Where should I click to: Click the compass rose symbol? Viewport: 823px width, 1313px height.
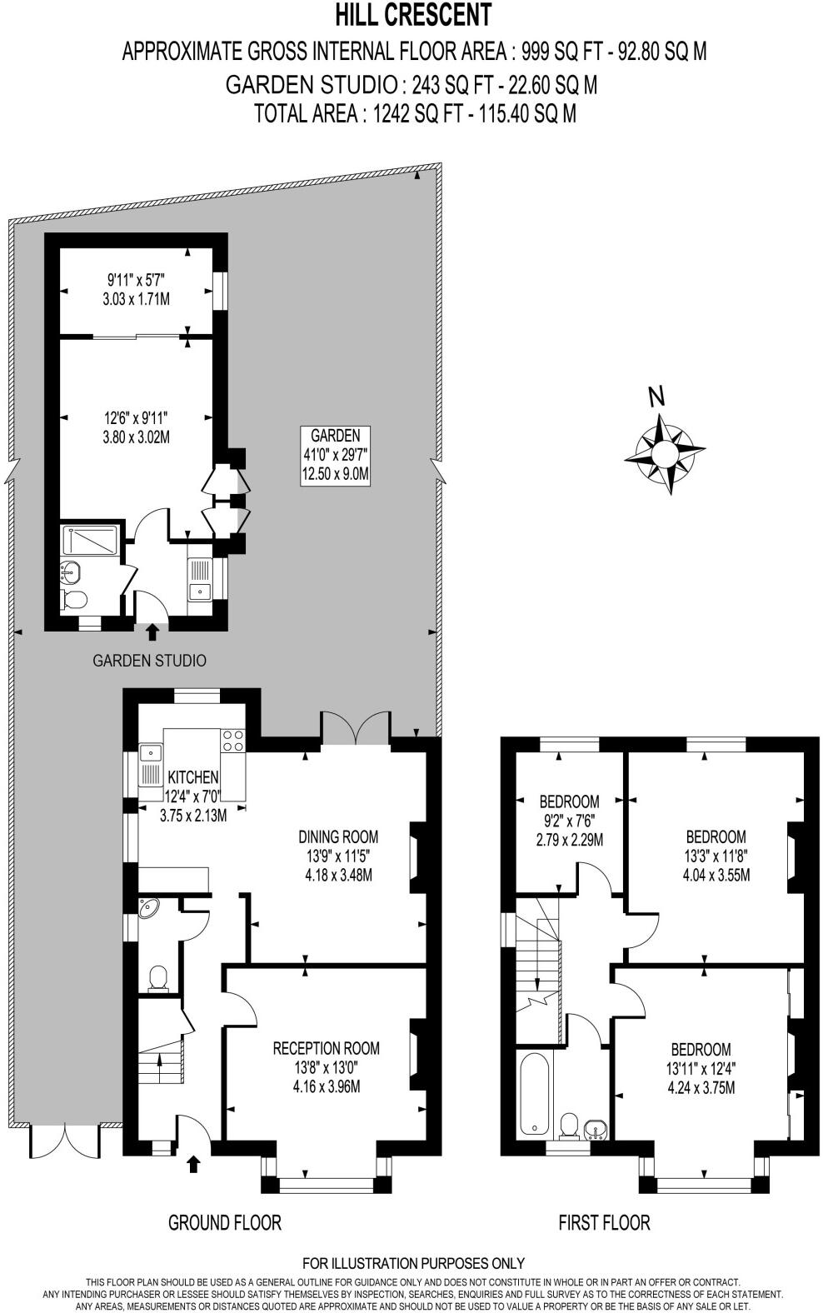point(665,452)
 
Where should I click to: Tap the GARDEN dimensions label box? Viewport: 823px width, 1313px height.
point(336,455)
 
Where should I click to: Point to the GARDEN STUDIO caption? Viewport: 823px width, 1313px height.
point(149,661)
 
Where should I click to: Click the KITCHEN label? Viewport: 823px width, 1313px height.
point(192,776)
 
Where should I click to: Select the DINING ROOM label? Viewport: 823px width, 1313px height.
point(338,856)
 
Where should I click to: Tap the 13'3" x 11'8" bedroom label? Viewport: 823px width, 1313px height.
point(716,855)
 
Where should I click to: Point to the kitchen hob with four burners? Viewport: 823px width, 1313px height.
point(233,741)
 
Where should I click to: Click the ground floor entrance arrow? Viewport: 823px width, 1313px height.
point(194,1163)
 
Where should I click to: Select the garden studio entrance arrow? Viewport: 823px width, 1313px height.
point(152,632)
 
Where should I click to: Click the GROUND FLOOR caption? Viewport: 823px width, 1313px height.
point(225,1222)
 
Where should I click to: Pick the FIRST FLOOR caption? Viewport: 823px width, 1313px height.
point(604,1222)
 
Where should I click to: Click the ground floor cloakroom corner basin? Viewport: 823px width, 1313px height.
point(151,908)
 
